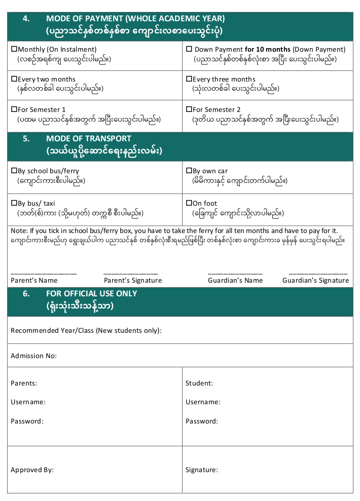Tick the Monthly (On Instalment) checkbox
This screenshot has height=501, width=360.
pos(14,50)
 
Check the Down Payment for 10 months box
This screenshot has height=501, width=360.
pos(189,50)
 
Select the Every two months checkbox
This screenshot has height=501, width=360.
pos(14,80)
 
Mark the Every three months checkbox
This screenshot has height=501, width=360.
pos(189,80)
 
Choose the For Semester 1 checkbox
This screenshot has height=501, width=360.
pos(14,110)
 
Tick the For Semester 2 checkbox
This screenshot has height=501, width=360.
pos(189,110)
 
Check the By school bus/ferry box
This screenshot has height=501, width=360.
pos(14,171)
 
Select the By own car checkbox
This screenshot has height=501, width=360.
pos(189,171)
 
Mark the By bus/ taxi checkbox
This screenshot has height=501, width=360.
pos(14,204)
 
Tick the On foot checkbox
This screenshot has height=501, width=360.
pos(189,204)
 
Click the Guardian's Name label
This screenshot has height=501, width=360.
pos(235,281)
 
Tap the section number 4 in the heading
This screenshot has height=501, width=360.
pos(26,19)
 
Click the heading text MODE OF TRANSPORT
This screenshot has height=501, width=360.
pos(88,139)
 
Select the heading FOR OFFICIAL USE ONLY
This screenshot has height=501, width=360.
pos(91,294)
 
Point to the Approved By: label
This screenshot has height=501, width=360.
pos(32,470)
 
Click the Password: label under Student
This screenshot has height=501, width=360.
pos(202,421)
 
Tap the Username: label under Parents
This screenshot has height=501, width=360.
pos(28,402)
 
